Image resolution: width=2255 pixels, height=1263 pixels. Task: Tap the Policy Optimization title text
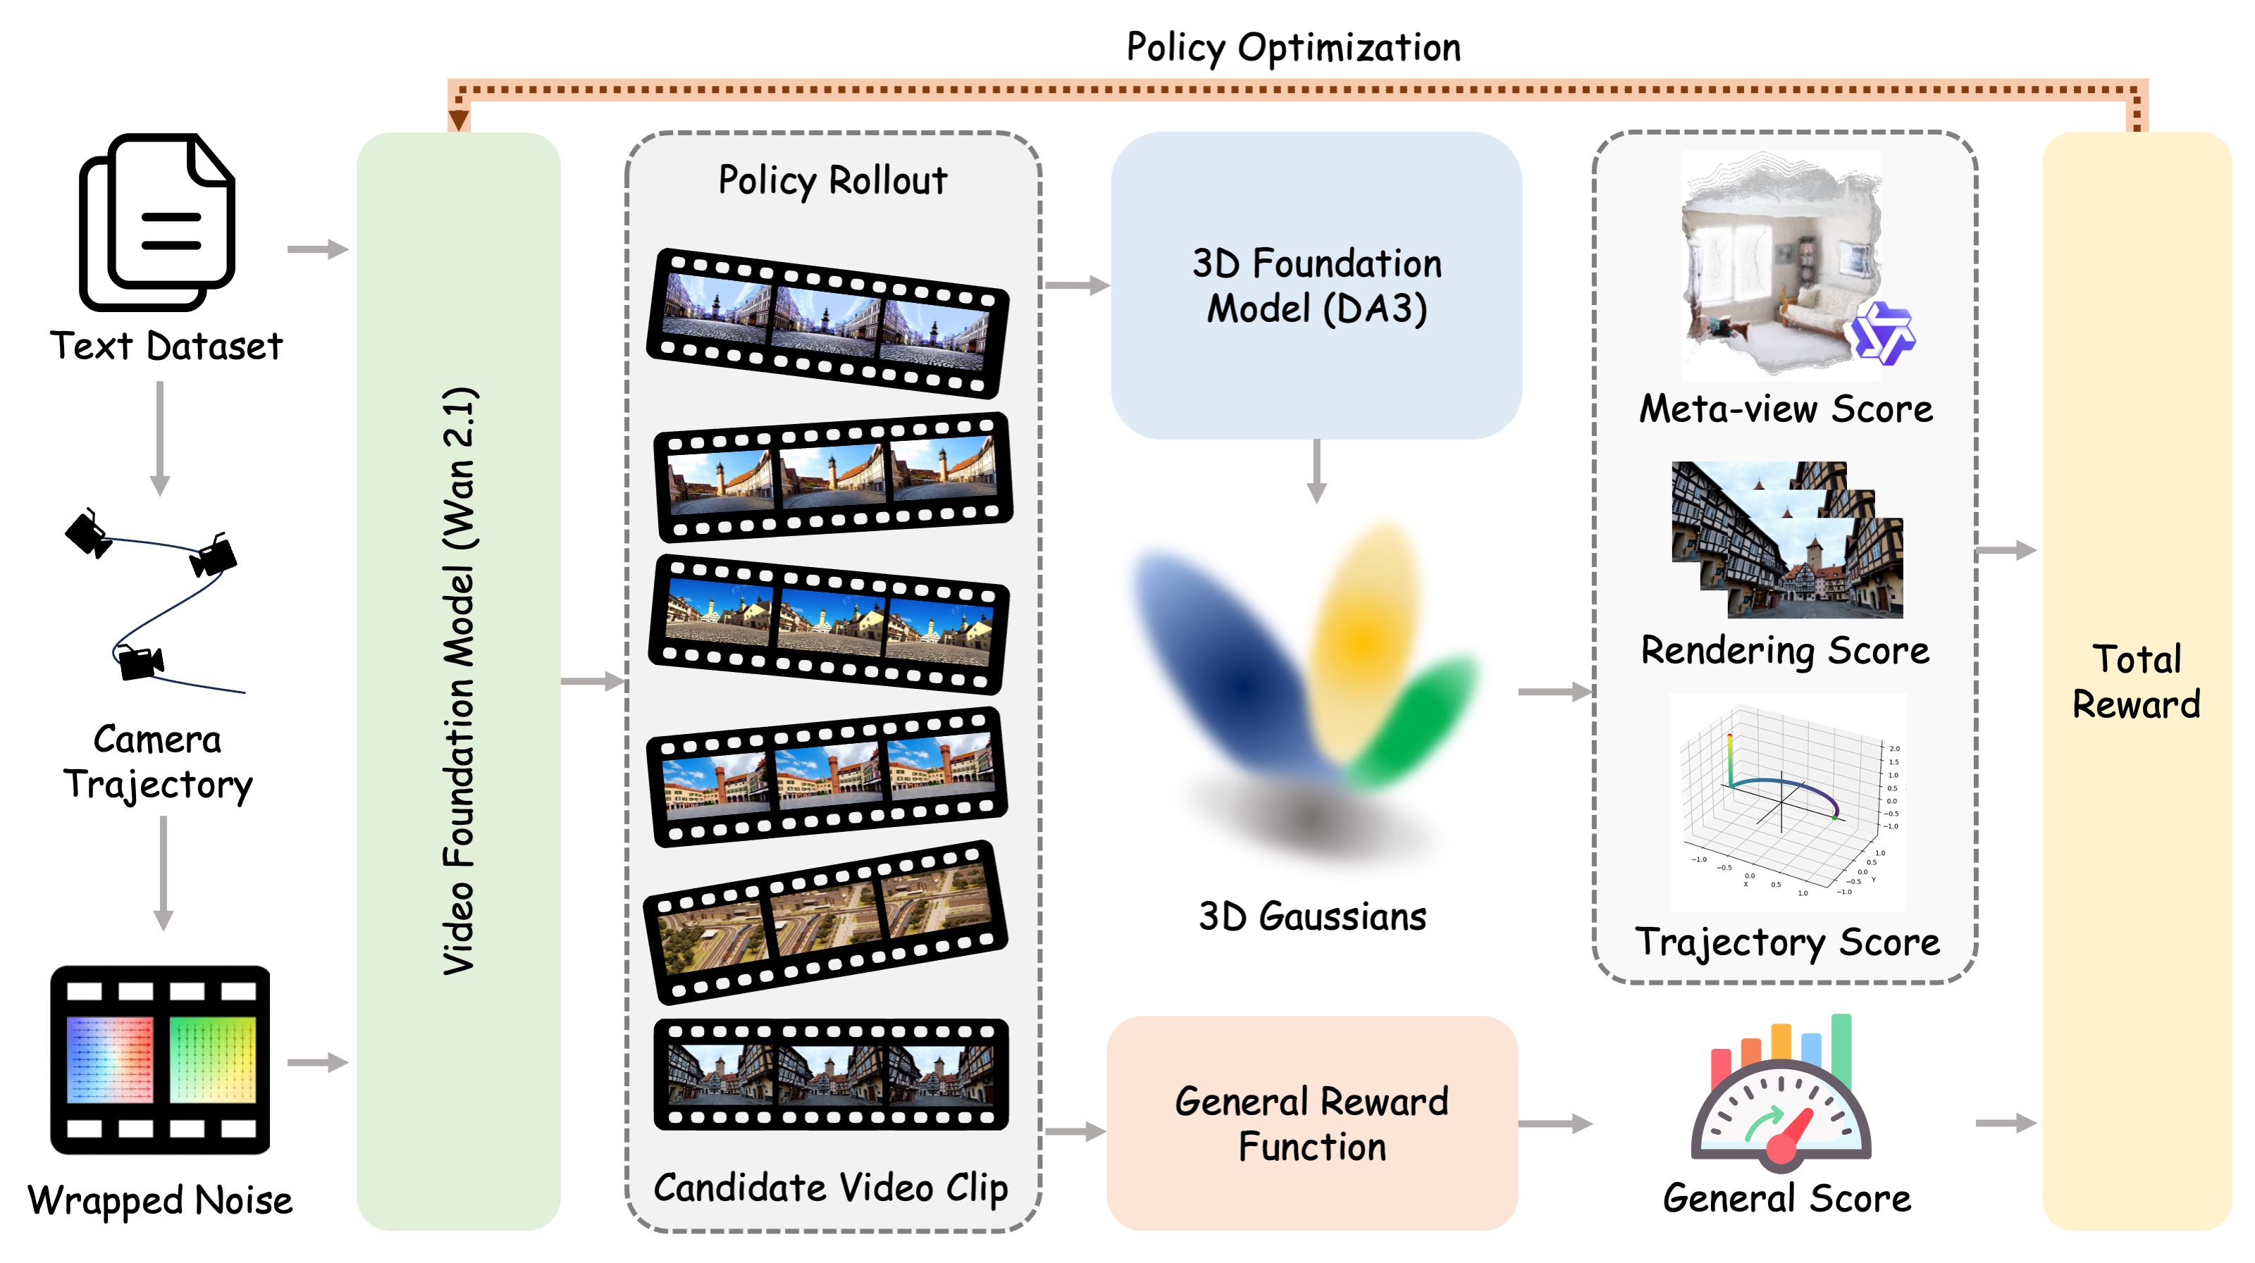1293,47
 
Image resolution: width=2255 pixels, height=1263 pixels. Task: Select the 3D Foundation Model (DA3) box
1316,285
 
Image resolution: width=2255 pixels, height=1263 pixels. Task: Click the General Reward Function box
1311,1123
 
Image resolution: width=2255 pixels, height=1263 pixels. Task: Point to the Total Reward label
2136,681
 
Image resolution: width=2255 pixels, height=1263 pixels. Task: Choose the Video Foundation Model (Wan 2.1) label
459,681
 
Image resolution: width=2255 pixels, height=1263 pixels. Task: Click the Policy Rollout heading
832,180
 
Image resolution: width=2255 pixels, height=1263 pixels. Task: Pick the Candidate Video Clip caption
831,1188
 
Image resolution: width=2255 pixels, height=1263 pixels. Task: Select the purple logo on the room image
1883,333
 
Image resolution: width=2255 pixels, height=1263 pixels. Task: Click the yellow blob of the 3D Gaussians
1366,639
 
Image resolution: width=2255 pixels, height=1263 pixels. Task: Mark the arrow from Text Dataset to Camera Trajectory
159,437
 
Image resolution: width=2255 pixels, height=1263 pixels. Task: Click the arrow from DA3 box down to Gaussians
1316,471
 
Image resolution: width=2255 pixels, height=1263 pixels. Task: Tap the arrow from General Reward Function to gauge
1555,1123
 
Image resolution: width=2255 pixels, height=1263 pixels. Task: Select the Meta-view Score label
1786,409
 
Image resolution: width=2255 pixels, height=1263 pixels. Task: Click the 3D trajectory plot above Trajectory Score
1786,801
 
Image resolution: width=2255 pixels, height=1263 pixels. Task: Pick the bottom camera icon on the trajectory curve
140,663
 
